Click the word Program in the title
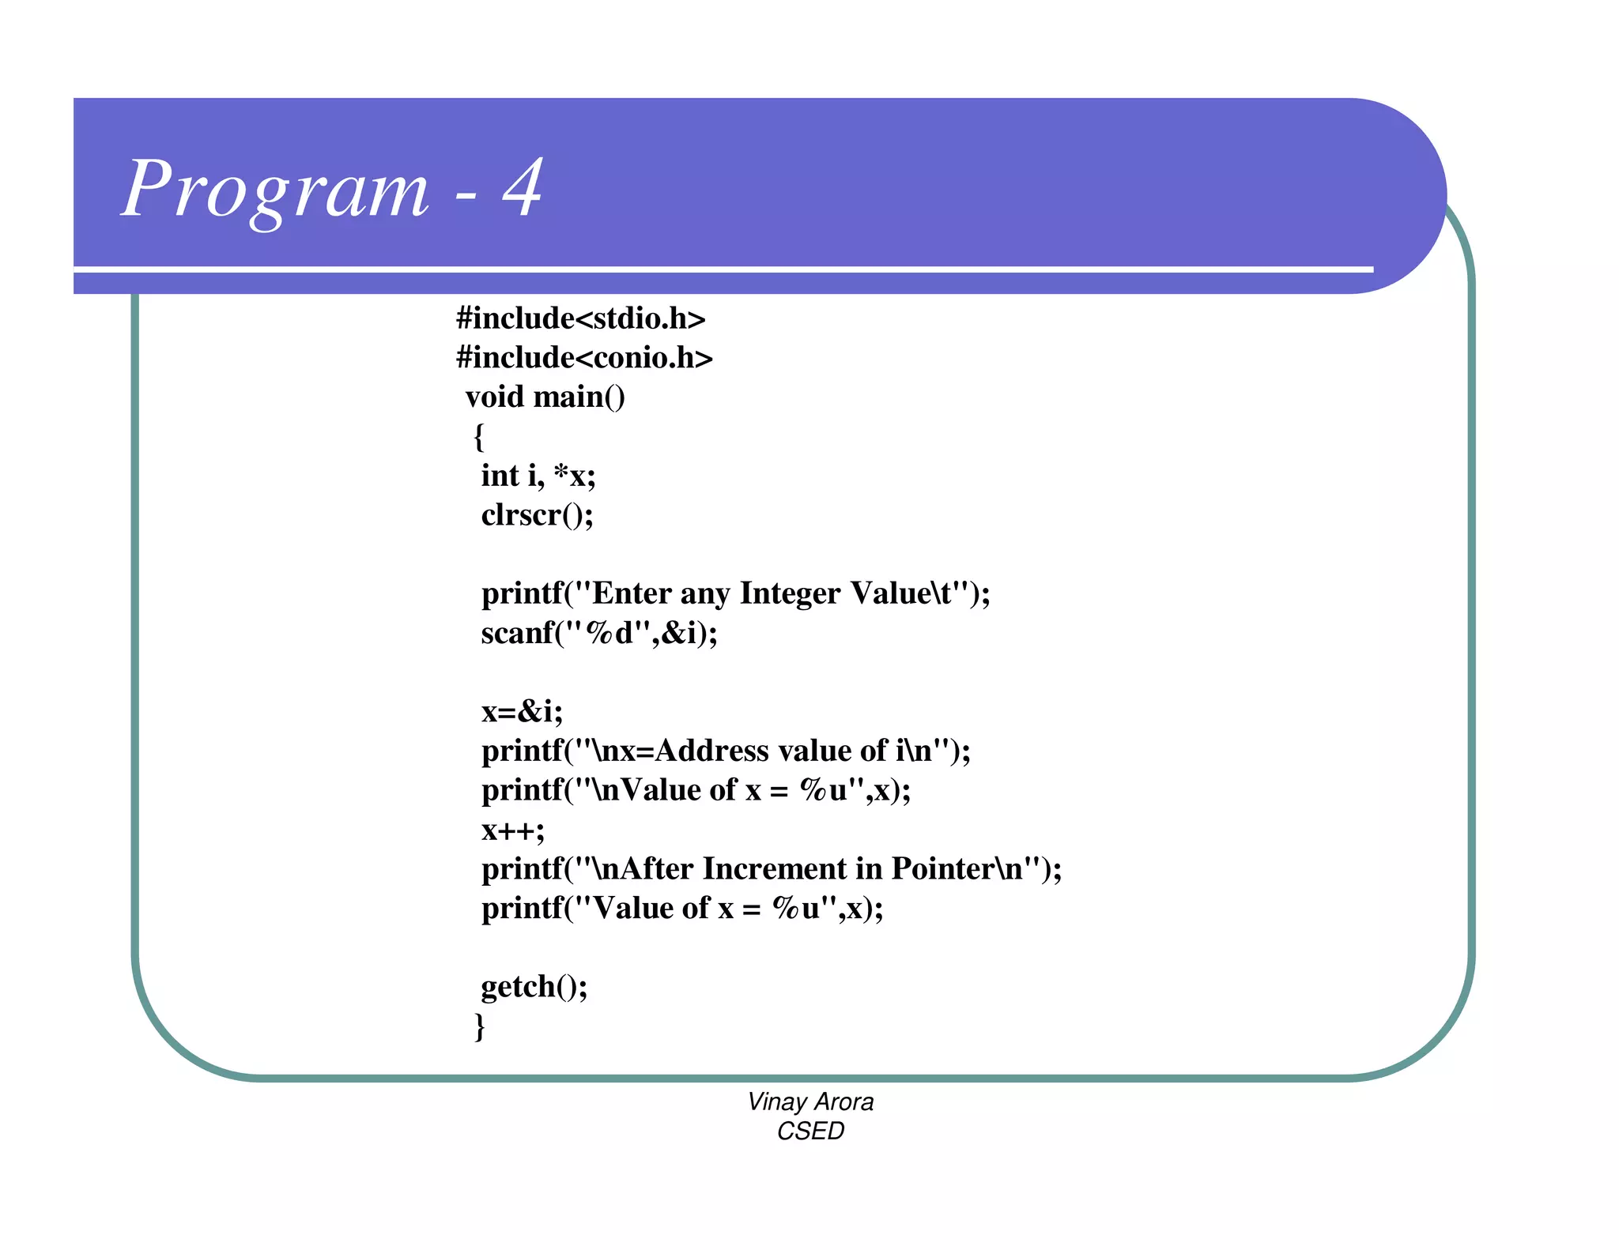point(275,190)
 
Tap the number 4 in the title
point(523,187)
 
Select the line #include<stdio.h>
point(580,318)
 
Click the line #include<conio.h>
point(584,358)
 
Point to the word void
point(494,397)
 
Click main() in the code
point(579,397)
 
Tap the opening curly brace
point(478,436)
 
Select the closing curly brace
point(479,1026)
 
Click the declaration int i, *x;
point(538,476)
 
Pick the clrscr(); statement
point(537,515)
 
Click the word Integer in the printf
point(789,593)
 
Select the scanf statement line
point(598,633)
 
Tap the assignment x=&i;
point(522,712)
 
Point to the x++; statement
point(512,830)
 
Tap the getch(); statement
point(534,987)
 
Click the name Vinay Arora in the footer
point(810,1101)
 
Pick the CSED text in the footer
point(810,1131)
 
